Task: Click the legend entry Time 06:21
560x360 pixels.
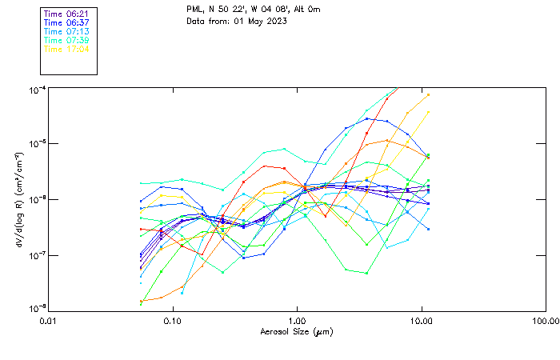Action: click(66, 14)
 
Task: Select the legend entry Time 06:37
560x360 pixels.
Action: click(66, 22)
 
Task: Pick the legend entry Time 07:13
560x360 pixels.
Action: click(66, 31)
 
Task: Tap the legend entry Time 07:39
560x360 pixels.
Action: click(66, 40)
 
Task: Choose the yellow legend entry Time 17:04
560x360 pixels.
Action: click(66, 49)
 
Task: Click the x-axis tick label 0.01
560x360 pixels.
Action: click(49, 321)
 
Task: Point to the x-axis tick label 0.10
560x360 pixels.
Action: click(173, 321)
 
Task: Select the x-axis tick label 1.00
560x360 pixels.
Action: click(297, 321)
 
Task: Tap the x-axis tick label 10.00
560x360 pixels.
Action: click(421, 321)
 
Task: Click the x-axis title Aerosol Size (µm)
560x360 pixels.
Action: click(297, 331)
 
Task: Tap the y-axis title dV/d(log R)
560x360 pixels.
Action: click(17, 200)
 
